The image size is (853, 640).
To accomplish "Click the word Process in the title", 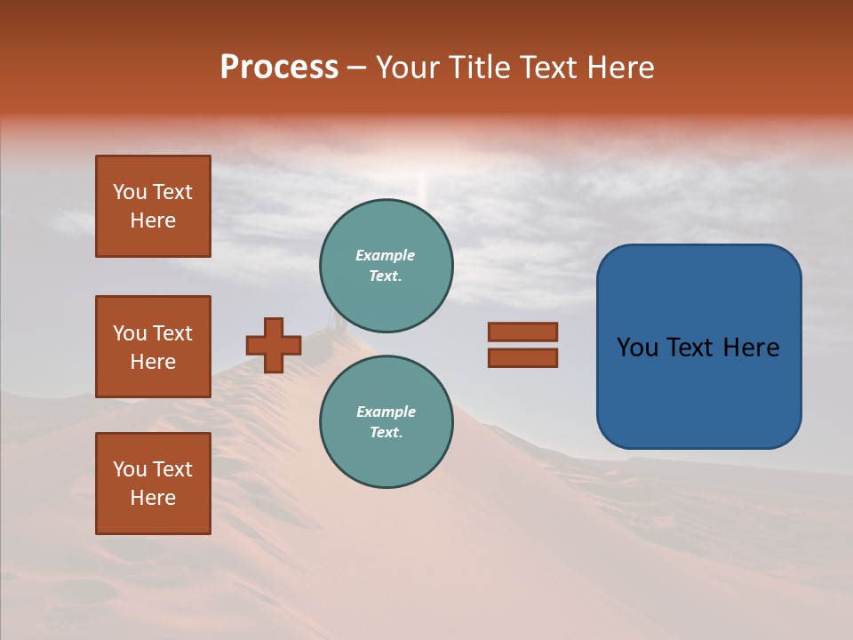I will click(x=279, y=68).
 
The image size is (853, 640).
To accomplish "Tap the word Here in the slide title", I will click(x=618, y=68).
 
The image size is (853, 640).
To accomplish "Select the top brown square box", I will click(x=153, y=206).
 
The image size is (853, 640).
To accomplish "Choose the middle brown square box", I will click(x=153, y=347).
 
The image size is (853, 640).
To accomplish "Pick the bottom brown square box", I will click(x=153, y=484).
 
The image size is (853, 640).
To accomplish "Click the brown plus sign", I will click(x=274, y=345).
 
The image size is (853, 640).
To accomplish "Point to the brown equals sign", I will click(x=522, y=345).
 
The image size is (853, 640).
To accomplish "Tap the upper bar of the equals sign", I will click(x=522, y=332).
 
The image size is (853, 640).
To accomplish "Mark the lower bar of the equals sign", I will click(x=522, y=358).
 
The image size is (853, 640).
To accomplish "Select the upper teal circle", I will click(x=386, y=265).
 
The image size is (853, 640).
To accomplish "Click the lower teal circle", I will click(x=386, y=421).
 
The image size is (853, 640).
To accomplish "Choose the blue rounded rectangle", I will click(x=698, y=347).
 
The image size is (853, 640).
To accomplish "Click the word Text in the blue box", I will click(x=690, y=348).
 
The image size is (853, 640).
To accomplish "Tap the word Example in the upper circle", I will click(x=386, y=255).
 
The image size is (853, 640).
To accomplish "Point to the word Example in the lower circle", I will click(x=386, y=412).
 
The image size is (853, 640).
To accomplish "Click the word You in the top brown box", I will click(x=130, y=192).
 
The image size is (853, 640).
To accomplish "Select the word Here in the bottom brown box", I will click(x=153, y=498).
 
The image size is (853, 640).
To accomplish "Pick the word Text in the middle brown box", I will click(x=171, y=333).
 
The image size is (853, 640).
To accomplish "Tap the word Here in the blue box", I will click(x=752, y=348).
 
